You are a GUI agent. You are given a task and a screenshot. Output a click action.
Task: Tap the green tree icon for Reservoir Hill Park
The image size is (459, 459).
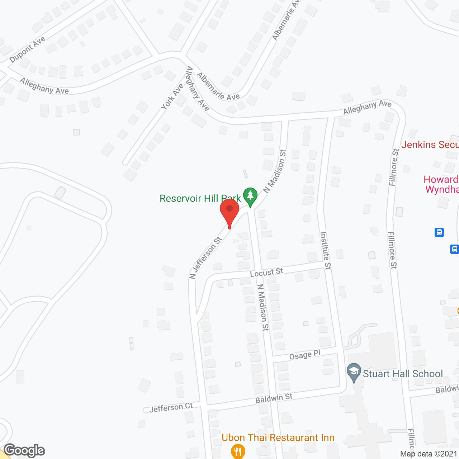click(250, 197)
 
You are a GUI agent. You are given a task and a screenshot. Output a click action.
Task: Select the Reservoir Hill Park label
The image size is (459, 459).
click(200, 198)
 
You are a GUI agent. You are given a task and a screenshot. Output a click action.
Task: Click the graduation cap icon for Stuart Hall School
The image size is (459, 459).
click(354, 373)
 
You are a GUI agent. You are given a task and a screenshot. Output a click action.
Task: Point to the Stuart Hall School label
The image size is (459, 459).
click(403, 374)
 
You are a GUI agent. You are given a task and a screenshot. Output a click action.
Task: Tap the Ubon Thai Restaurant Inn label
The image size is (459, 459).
click(278, 437)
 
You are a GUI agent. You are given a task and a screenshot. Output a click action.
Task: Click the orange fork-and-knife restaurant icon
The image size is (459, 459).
click(238, 451)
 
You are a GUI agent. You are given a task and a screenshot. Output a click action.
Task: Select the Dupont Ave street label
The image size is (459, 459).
click(27, 49)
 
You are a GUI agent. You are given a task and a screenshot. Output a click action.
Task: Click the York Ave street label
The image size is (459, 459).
click(172, 96)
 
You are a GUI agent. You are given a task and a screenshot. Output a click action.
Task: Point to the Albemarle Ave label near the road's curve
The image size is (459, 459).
click(218, 86)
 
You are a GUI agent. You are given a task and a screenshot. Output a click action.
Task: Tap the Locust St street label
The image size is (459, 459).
click(266, 273)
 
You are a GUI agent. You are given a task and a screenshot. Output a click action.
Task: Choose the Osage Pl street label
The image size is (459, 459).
click(304, 355)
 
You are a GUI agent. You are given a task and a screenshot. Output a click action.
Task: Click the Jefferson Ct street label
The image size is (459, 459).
click(171, 407)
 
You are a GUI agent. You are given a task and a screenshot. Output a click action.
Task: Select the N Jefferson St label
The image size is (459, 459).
click(205, 257)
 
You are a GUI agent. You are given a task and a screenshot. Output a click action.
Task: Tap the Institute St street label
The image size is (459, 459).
click(326, 250)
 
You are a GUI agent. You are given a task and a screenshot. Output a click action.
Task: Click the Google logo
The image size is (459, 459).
click(24, 450)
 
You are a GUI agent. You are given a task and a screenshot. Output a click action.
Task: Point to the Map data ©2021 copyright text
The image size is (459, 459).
click(429, 454)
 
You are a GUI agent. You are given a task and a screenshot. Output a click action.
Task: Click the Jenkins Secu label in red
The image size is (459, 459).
click(430, 145)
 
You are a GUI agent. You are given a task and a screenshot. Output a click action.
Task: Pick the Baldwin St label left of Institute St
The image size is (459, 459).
click(274, 398)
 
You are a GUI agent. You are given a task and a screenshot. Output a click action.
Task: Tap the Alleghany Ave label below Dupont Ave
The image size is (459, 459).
click(44, 86)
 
